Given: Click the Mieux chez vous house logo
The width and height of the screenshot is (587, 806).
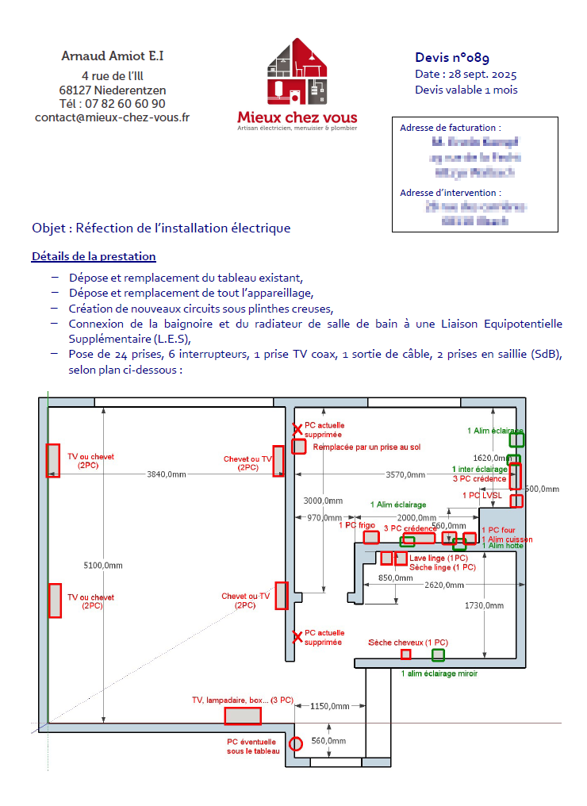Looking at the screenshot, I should coord(296,73).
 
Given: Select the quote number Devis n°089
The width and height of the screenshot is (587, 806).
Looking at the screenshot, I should coord(452,58).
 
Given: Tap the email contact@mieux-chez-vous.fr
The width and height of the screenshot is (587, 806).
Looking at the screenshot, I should coord(113,117).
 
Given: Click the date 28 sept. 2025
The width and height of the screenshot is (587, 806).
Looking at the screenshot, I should coord(479,75).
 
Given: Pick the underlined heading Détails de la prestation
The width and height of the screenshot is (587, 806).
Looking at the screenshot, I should coord(94,257).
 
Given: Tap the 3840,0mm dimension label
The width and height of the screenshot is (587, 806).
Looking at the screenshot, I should coord(167,474).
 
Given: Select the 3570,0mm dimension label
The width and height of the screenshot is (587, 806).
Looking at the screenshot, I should coord(405,474).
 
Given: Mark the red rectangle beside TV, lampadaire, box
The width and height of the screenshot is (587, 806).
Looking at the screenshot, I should coord(243,716).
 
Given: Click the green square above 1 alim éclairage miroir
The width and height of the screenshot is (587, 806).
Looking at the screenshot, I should coord(438,654).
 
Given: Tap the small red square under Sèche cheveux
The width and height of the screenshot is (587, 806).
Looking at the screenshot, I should coord(406,654).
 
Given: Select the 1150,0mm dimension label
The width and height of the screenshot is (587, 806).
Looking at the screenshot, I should coord(330,706).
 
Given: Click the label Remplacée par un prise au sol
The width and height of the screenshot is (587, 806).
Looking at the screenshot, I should coord(366,447).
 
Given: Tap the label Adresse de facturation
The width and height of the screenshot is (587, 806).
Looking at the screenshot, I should coord(450,128).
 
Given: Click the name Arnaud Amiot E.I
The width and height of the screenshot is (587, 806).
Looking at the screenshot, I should coord(113,56).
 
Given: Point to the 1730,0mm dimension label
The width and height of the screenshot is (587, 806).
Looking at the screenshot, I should coord(484,605).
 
